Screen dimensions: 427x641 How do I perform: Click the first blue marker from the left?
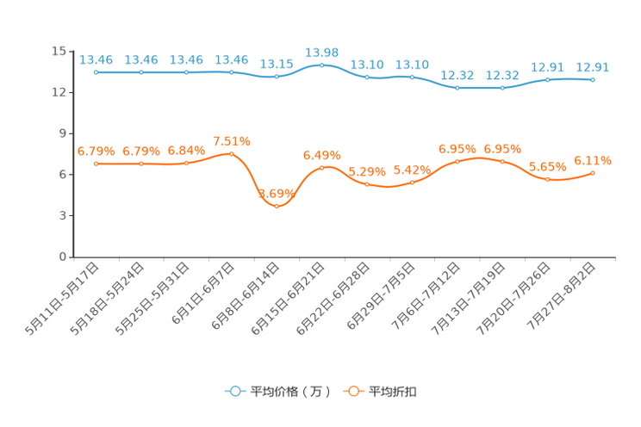[96, 72]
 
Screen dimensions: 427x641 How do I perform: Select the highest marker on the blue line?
[321, 65]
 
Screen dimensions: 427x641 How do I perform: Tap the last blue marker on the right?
[593, 79]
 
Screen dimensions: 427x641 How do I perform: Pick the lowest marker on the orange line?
[277, 205]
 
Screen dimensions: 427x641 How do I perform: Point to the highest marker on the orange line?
[231, 153]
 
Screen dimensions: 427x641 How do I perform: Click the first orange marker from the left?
[96, 164]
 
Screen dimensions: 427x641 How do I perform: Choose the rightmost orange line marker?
[593, 173]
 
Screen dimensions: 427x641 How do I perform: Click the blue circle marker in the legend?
[234, 391]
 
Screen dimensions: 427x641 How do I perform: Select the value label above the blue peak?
[321, 52]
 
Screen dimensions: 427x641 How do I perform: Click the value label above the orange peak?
[231, 141]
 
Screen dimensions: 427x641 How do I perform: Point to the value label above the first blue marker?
[96, 59]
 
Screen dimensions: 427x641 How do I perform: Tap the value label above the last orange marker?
[593, 160]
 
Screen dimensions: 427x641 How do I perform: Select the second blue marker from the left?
[140, 72]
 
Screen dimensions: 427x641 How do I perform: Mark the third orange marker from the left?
[186, 163]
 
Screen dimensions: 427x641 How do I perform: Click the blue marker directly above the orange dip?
[277, 77]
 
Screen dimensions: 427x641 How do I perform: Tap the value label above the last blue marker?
[593, 66]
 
